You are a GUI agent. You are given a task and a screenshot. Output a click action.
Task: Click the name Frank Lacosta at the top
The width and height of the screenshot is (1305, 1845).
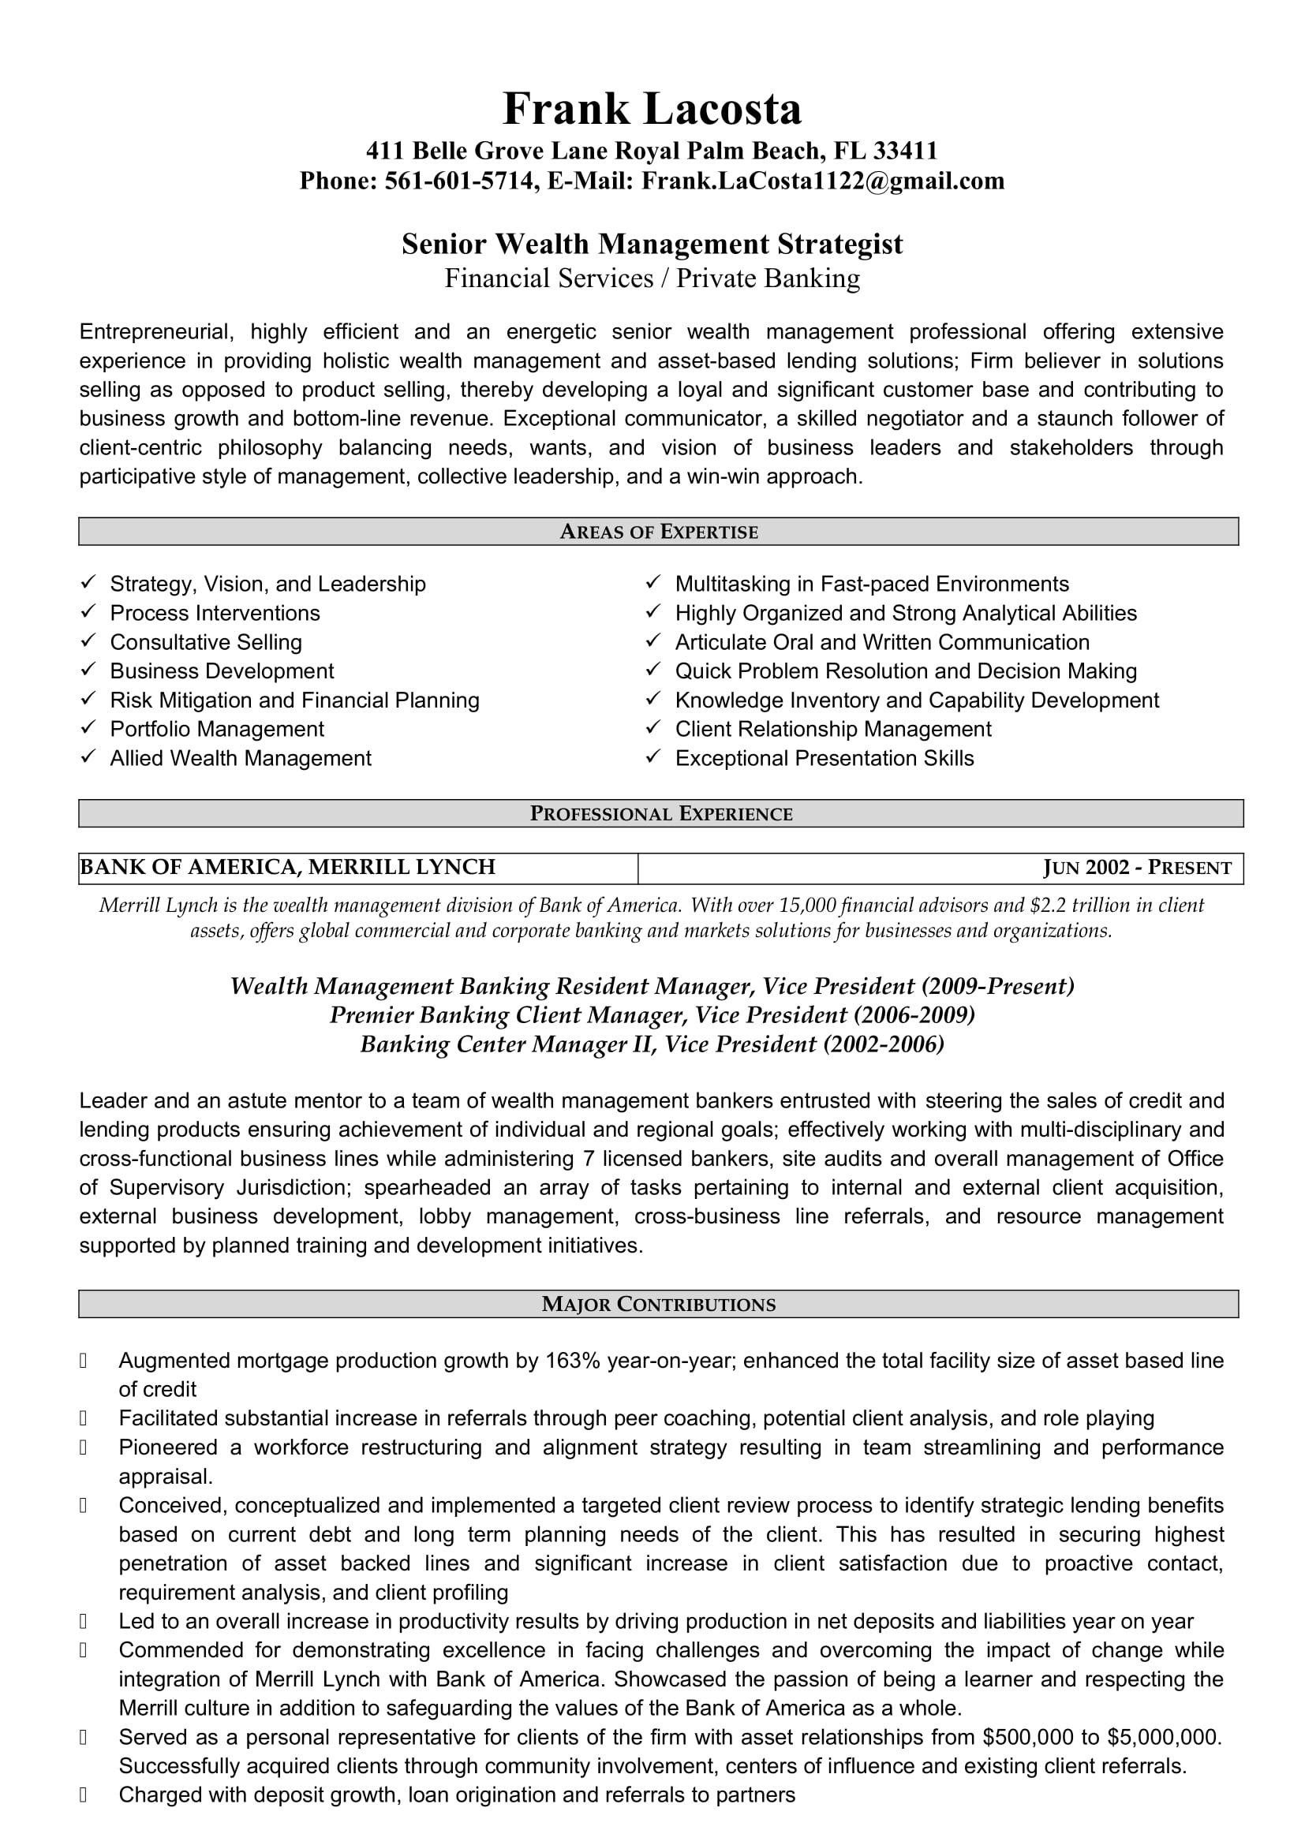pos(652,110)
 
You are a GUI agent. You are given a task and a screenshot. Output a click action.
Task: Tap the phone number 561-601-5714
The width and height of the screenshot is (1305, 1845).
pos(459,181)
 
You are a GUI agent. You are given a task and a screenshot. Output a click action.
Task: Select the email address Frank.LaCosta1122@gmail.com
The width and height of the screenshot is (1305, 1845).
pos(822,181)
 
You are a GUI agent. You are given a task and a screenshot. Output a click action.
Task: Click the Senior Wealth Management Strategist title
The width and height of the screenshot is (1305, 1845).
pos(652,245)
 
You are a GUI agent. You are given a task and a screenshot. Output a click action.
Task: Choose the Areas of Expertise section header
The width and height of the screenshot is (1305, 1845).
pos(658,532)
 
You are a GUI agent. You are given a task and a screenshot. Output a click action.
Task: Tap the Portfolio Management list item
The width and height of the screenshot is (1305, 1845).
pos(217,729)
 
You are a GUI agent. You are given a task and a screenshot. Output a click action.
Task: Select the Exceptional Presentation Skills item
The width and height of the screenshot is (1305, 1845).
pos(824,758)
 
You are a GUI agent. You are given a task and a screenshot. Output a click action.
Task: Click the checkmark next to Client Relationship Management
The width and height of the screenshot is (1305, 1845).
pos(653,728)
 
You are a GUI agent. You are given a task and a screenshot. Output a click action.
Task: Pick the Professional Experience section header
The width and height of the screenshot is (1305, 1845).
pos(660,814)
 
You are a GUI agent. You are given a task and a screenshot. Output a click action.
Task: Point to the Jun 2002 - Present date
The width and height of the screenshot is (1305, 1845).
pos(1136,868)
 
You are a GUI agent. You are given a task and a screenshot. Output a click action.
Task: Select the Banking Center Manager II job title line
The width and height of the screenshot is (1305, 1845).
pos(652,1044)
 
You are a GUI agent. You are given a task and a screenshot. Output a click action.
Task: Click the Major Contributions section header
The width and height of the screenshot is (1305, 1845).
pos(658,1304)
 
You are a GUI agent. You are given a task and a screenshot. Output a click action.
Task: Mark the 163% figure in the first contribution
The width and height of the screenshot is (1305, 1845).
pos(572,1361)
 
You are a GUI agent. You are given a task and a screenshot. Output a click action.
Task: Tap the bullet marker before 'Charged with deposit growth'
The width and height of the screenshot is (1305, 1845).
pos(84,1795)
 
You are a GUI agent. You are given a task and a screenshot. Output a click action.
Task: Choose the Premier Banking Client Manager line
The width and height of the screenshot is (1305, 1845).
pos(652,1015)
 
